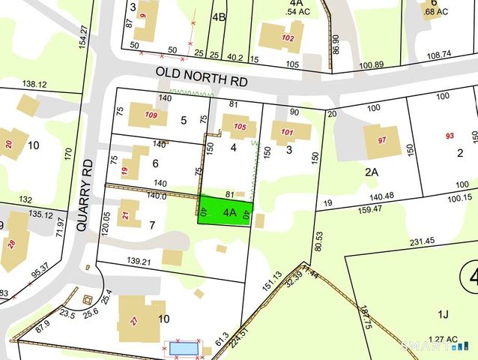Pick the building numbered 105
[239, 126]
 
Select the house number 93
[450, 136]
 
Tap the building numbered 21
[127, 214]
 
